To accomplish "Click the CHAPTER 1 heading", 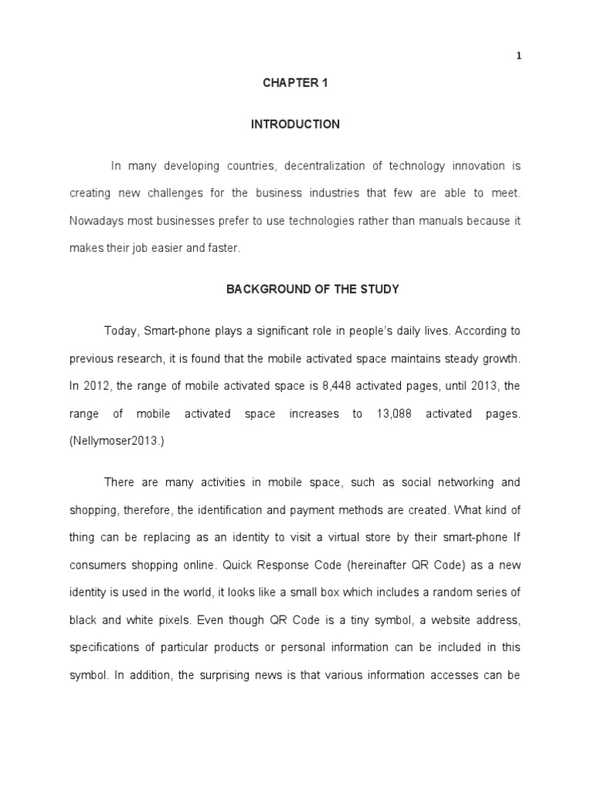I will (x=295, y=83).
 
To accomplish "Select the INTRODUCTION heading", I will (x=295, y=124).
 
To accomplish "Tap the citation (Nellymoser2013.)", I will (x=118, y=442).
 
